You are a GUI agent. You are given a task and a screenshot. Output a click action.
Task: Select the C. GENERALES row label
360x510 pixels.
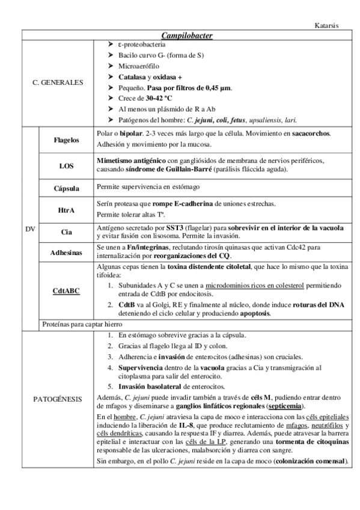point(58,82)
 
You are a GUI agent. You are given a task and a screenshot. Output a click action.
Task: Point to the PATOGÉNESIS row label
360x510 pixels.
point(58,399)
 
